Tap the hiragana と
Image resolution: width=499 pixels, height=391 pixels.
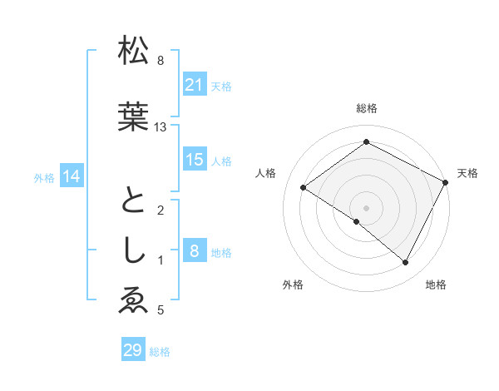pyautogui.click(x=134, y=202)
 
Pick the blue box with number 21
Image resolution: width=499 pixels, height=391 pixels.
pyautogui.click(x=194, y=85)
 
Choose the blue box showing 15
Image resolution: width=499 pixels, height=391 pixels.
pyautogui.click(x=194, y=160)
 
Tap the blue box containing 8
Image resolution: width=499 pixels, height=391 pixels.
pyautogui.click(x=194, y=251)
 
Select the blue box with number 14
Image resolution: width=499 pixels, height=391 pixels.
pyautogui.click(x=72, y=176)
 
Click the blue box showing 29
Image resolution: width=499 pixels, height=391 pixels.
pyautogui.click(x=132, y=350)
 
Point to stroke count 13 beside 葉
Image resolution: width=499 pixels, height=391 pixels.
pyautogui.click(x=161, y=127)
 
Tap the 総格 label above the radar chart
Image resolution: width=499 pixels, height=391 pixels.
pyautogui.click(x=366, y=108)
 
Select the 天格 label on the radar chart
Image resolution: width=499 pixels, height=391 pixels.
pyautogui.click(x=467, y=173)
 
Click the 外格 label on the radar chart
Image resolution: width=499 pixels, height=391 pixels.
pyautogui.click(x=293, y=285)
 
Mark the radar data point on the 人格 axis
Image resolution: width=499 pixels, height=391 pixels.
pyautogui.click(x=304, y=188)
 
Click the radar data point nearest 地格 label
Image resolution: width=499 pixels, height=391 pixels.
pyautogui.click(x=406, y=263)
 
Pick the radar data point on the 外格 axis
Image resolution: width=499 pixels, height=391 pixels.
pyautogui.click(x=357, y=221)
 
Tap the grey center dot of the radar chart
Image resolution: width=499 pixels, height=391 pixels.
pyautogui.click(x=366, y=207)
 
